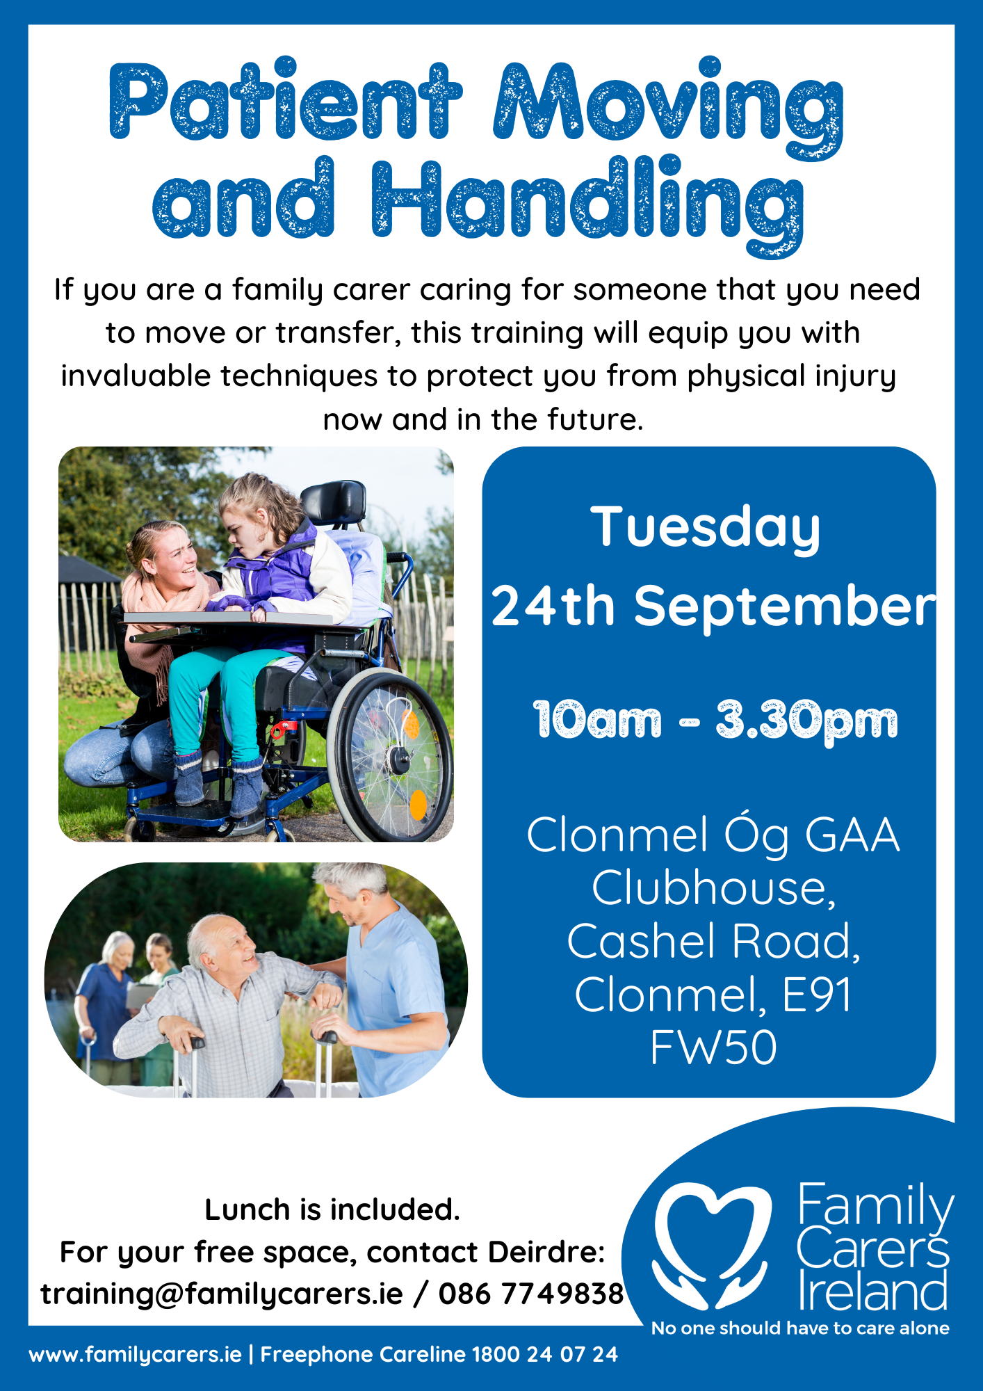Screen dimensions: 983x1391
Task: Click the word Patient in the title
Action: pyautogui.click(x=286, y=99)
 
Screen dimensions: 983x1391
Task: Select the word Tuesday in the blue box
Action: pyautogui.click(x=706, y=528)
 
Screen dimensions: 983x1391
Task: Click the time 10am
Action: pyautogui.click(x=597, y=720)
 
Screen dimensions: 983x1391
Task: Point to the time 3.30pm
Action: pyautogui.click(x=807, y=721)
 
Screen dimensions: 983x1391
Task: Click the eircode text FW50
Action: pyautogui.click(x=713, y=1047)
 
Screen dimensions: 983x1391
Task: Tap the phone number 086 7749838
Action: pyautogui.click(x=532, y=1294)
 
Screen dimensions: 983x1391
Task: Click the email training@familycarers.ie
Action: pyautogui.click(x=222, y=1294)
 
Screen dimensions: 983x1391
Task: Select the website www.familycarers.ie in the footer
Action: pyautogui.click(x=136, y=1355)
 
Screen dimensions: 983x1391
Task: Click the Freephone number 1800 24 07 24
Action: pyautogui.click(x=544, y=1354)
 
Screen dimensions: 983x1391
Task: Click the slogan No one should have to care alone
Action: pyautogui.click(x=800, y=1328)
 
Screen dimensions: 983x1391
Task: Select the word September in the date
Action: pyautogui.click(x=786, y=606)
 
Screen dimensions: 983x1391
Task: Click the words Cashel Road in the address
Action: pyautogui.click(x=713, y=941)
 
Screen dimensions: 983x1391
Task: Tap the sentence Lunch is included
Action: pyautogui.click(x=332, y=1210)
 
